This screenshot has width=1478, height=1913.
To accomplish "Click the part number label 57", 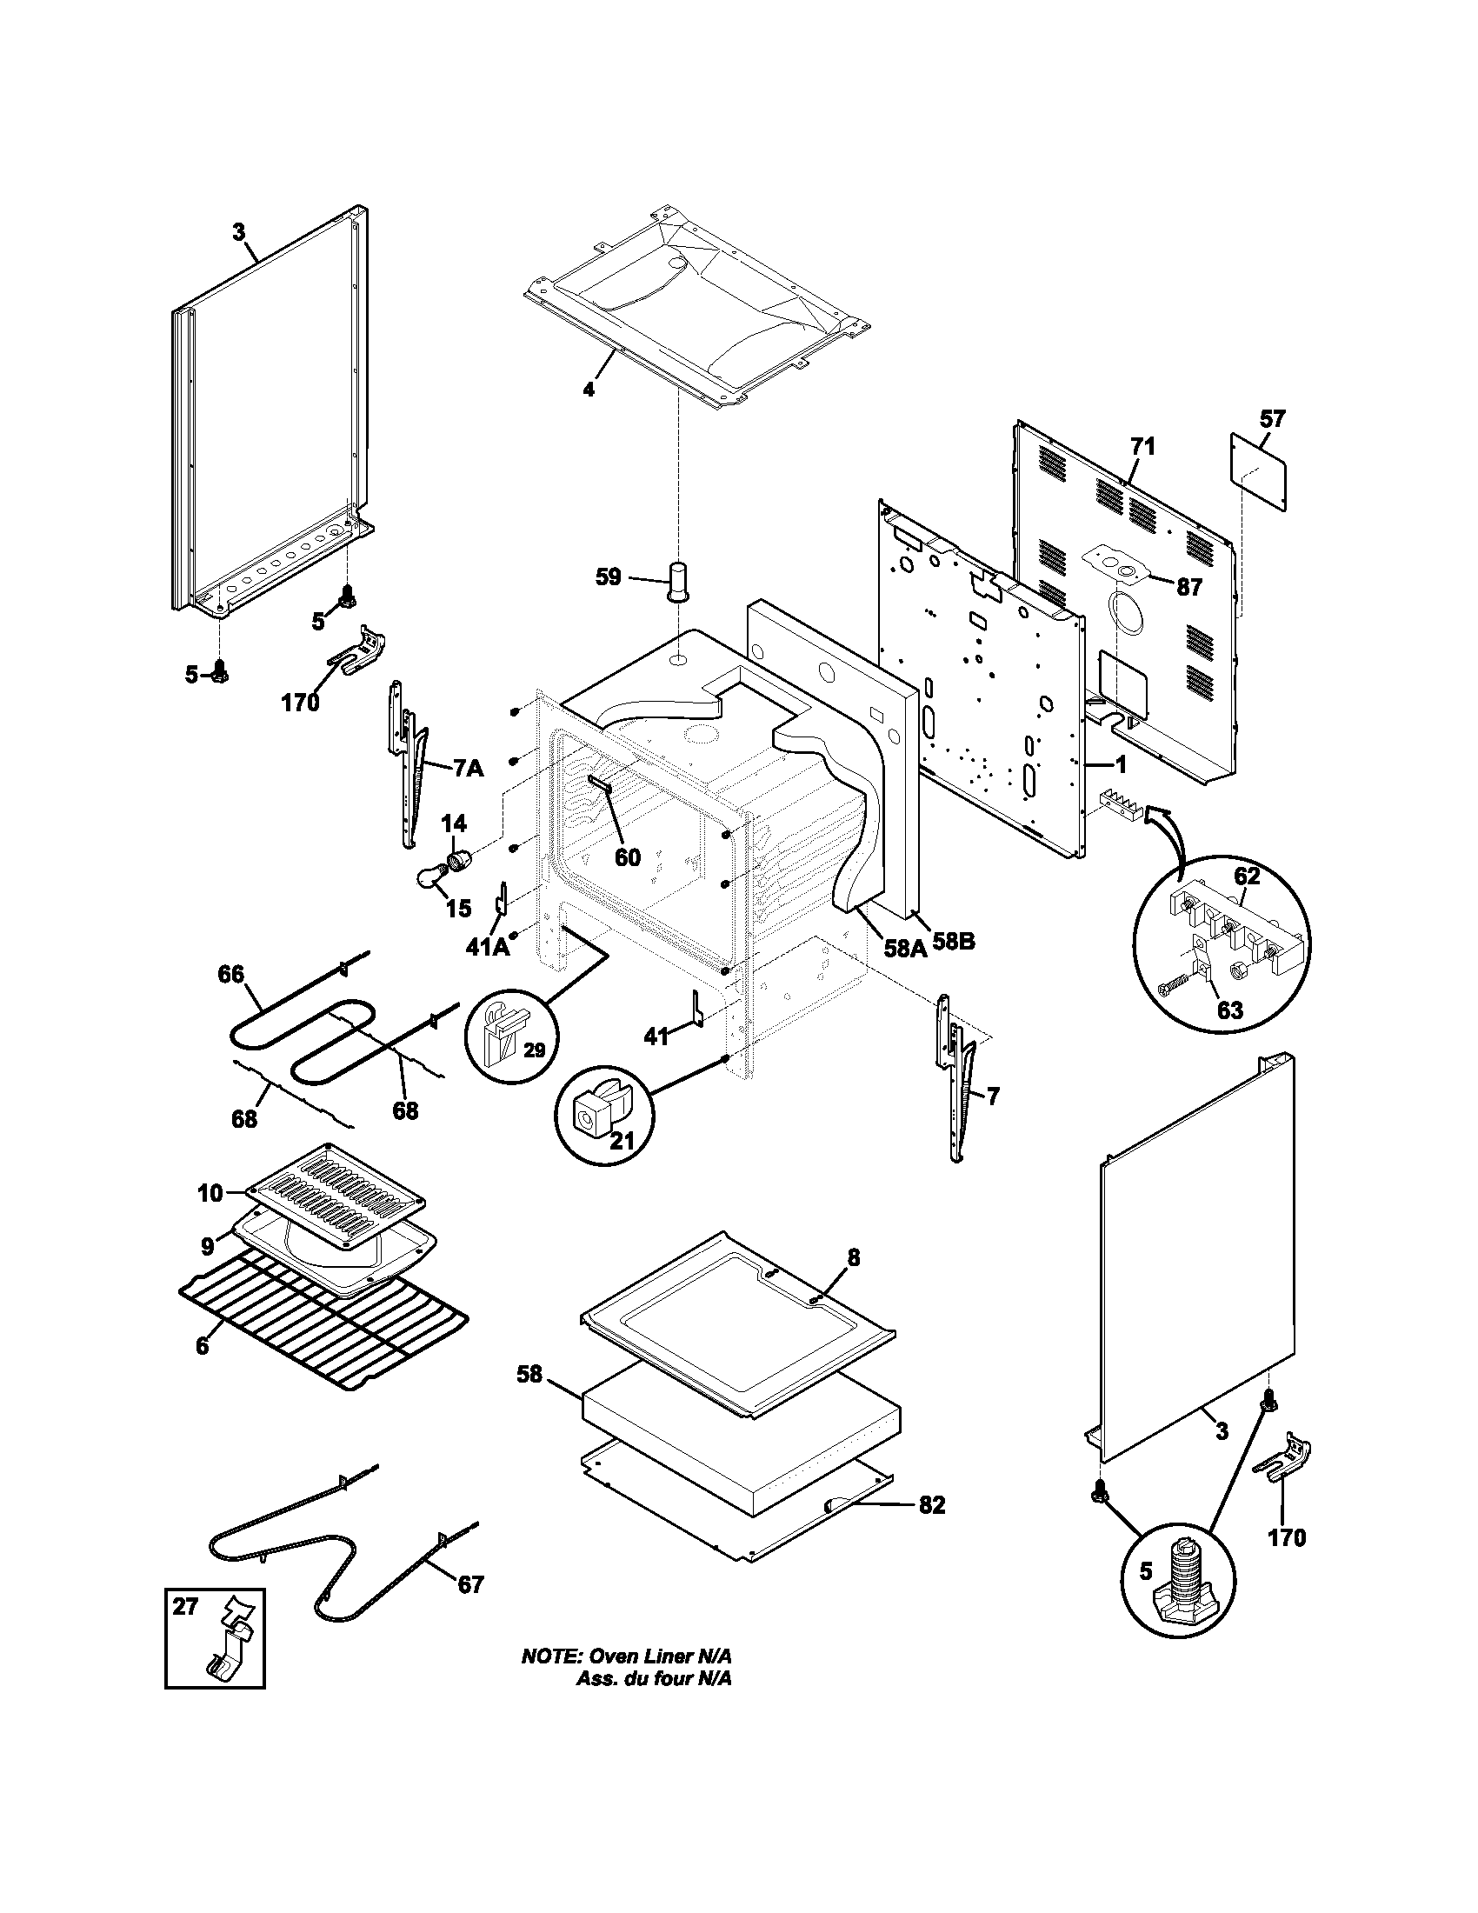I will (1272, 419).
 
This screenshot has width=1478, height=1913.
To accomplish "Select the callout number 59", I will (609, 577).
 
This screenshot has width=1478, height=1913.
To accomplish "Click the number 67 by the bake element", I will (470, 1584).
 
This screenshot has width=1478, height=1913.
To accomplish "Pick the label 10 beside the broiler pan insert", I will (210, 1192).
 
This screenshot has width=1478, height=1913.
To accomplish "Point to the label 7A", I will (469, 768).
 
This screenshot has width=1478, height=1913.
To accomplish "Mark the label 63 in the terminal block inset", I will (1229, 1010).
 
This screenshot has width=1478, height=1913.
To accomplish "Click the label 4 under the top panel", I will (589, 390).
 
